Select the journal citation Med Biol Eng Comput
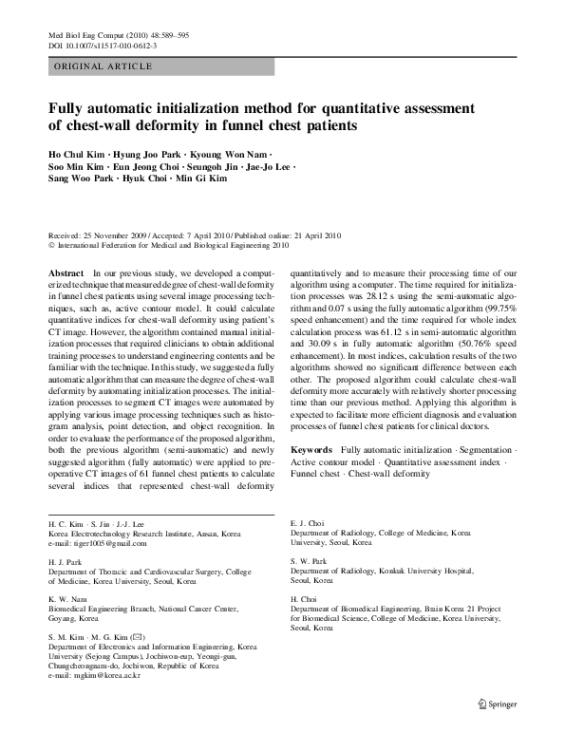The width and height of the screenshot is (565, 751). click(x=90, y=34)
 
